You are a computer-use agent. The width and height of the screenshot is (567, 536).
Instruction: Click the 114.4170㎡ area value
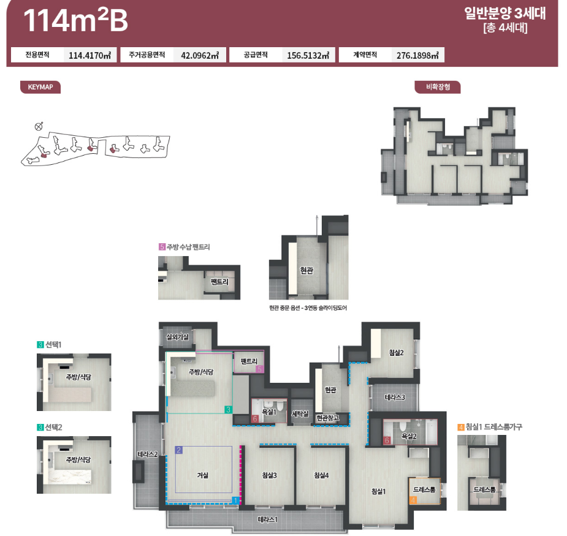point(89,55)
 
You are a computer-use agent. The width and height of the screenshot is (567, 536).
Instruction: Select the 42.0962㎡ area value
point(200,55)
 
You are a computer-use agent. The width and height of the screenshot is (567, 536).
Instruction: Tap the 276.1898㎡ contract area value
point(417,55)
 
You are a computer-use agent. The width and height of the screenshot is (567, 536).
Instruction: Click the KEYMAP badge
point(40,87)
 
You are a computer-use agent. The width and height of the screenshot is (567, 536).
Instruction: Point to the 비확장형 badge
point(438,87)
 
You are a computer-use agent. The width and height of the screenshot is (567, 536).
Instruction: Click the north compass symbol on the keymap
point(39,126)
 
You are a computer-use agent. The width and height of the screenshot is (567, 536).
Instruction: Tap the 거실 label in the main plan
point(203,475)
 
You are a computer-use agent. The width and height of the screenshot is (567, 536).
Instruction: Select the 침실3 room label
point(269,475)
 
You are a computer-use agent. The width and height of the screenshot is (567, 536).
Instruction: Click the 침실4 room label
point(321,475)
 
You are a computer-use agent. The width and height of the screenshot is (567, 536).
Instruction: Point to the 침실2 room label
point(397,353)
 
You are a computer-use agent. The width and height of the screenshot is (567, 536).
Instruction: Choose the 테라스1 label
point(268,519)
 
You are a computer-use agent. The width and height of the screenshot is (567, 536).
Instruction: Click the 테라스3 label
point(395,397)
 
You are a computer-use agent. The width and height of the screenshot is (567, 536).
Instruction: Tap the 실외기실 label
point(177,337)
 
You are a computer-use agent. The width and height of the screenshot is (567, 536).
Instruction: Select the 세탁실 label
point(300,414)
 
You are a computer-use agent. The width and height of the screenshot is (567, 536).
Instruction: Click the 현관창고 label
point(327,418)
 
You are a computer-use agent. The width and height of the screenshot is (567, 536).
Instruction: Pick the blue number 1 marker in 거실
point(235,500)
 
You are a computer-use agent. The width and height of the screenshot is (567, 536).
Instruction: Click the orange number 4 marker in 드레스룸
point(413,500)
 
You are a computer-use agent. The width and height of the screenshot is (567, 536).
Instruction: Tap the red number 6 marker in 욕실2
point(387,440)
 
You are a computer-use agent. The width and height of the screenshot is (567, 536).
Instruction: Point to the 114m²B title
point(75,20)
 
